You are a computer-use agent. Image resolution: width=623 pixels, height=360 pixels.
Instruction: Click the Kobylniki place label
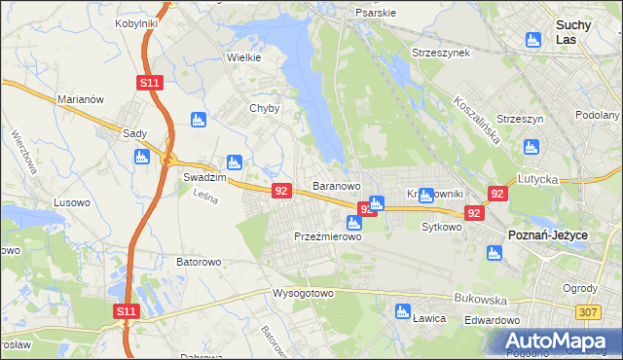tap(137, 22)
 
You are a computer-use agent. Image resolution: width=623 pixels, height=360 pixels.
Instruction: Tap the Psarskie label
tap(376, 14)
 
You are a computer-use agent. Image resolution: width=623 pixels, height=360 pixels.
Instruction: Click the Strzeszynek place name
tap(441, 52)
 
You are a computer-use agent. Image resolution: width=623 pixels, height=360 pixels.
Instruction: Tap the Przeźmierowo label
tap(327, 236)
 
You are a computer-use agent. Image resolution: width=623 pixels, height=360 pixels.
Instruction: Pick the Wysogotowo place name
tap(303, 293)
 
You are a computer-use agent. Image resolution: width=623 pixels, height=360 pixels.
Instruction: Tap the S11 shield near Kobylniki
tap(149, 84)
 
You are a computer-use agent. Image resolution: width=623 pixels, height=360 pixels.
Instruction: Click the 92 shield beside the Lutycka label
tap(497, 195)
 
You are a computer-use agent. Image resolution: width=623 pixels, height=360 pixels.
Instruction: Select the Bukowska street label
tap(475, 301)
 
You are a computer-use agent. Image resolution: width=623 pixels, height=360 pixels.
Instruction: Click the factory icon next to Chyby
tap(200, 121)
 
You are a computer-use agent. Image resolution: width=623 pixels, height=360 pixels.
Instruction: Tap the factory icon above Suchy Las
tap(532, 40)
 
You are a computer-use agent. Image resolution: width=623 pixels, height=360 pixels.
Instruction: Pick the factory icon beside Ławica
tap(402, 311)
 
